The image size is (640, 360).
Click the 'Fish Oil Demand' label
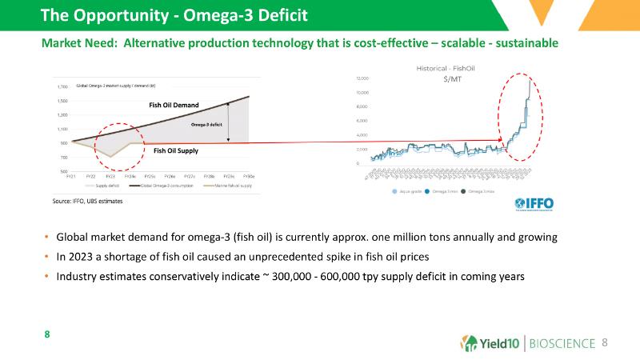tap(174, 105)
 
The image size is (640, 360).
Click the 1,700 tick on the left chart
tap(61, 86)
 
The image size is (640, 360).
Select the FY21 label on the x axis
tap(70, 176)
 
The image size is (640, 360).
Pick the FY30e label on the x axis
tap(249, 176)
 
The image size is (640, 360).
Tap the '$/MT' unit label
tap(452, 81)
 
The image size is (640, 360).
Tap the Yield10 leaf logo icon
tap(470, 343)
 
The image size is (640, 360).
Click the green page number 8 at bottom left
tap(46, 334)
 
